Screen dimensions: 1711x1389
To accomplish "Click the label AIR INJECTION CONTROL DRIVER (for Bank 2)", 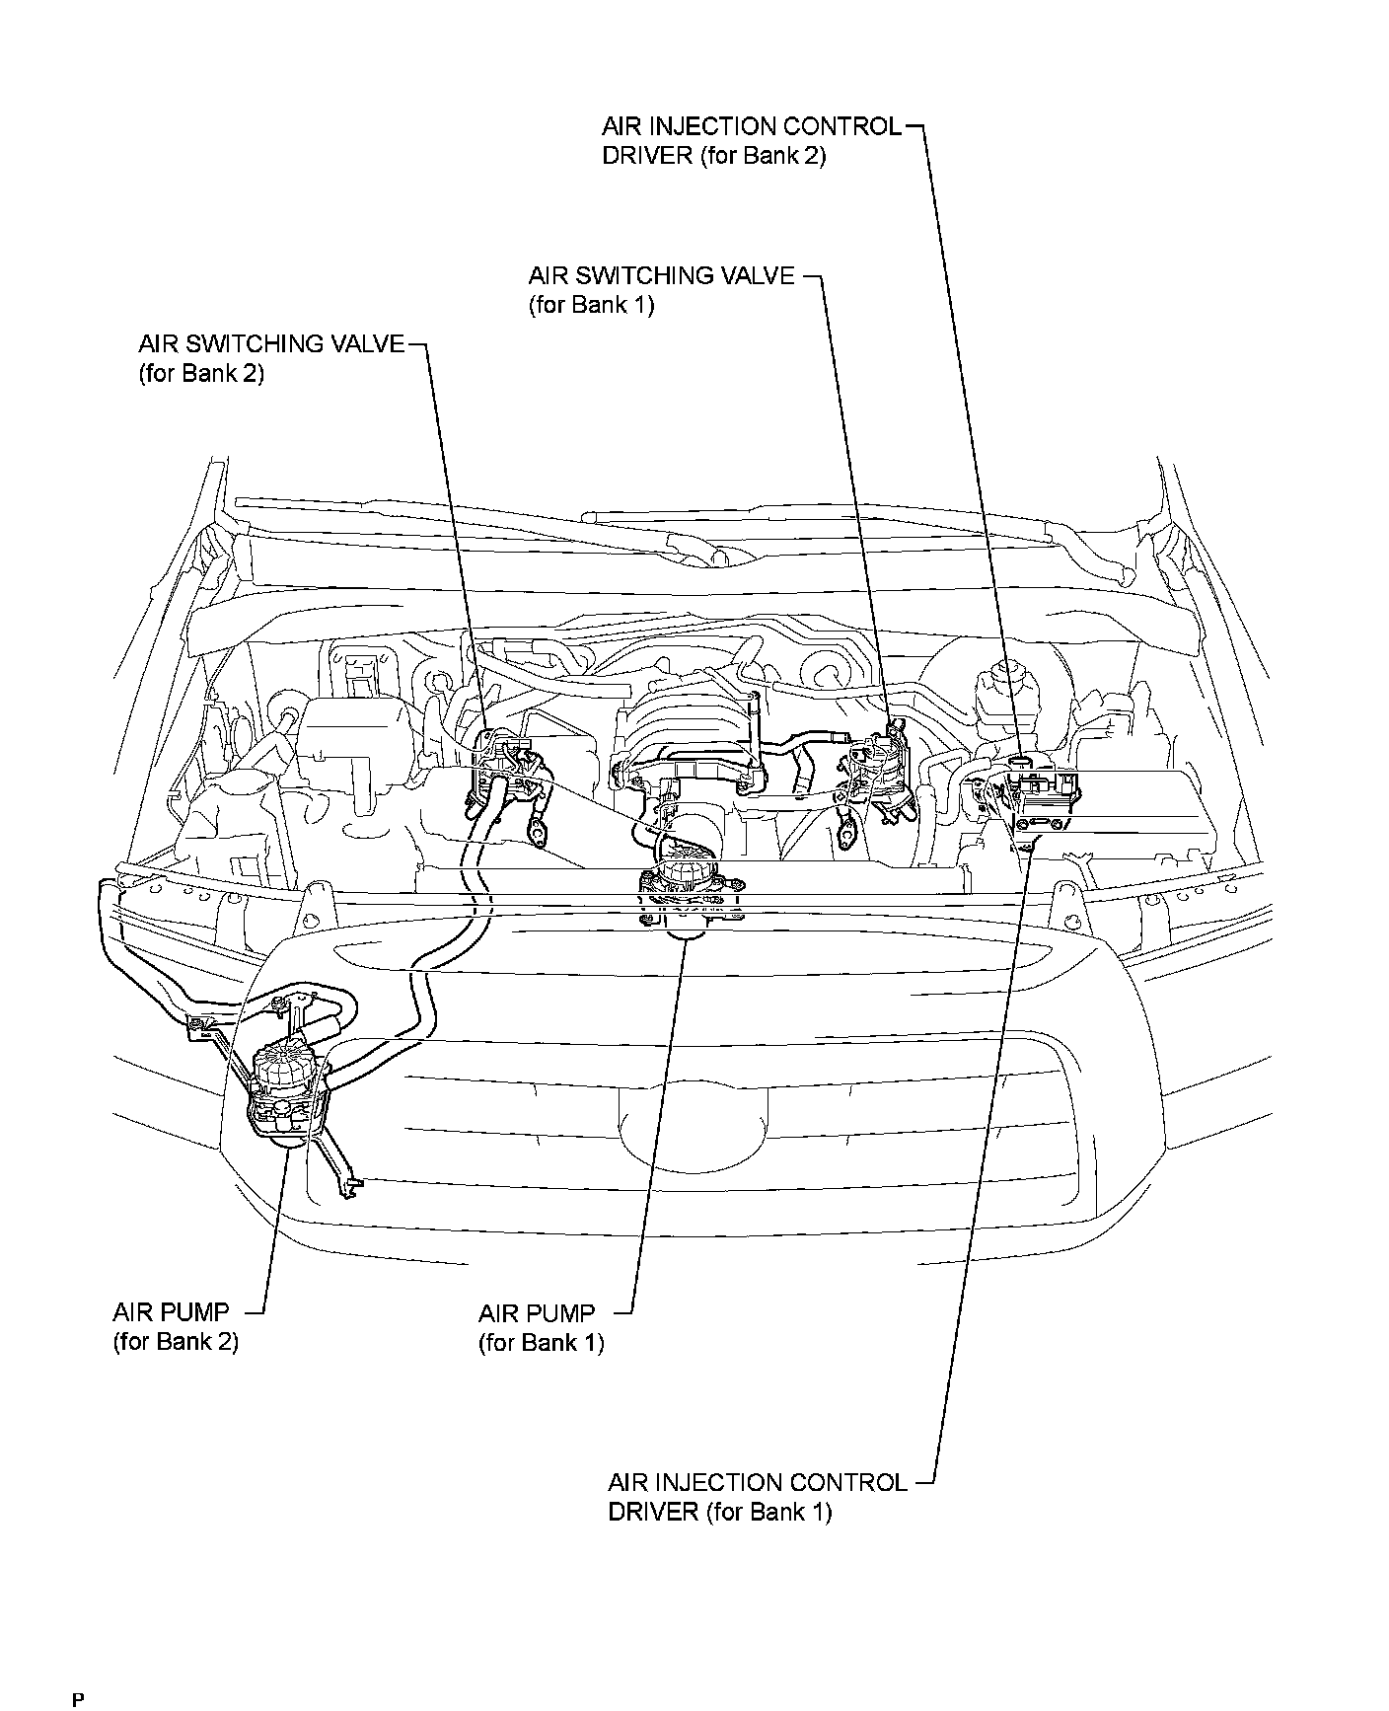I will pyautogui.click(x=752, y=141).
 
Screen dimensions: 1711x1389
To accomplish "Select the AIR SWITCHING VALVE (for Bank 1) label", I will pyautogui.click(x=661, y=289).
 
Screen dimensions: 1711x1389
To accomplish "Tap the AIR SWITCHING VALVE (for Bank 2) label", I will pyautogui.click(x=271, y=358).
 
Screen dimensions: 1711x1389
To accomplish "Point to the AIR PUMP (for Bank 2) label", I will pyautogui.click(x=176, y=1326).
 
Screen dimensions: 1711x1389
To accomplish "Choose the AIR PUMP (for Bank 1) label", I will pyautogui.click(x=541, y=1327).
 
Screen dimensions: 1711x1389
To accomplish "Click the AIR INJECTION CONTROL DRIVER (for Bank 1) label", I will pyautogui.click(x=757, y=1497).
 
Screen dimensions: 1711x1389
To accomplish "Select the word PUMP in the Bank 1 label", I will pyautogui.click(x=560, y=1313).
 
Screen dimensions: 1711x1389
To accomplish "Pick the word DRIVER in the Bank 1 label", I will pyautogui.click(x=653, y=1512).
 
